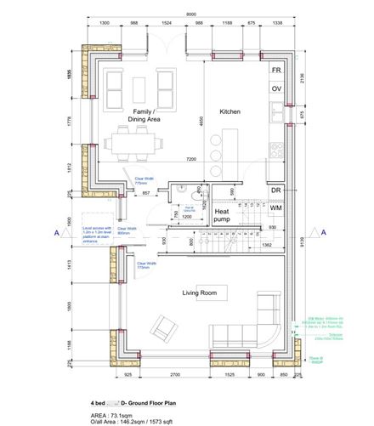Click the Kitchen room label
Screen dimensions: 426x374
(x=231, y=112)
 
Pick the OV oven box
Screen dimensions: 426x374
(x=275, y=88)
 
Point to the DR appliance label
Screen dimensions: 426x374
(x=275, y=191)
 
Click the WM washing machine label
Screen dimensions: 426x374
(x=276, y=207)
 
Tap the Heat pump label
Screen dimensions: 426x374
(x=222, y=214)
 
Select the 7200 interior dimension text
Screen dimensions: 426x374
(x=191, y=160)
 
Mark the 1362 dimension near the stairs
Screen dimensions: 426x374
(x=266, y=245)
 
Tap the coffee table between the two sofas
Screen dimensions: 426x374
(x=140, y=88)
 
